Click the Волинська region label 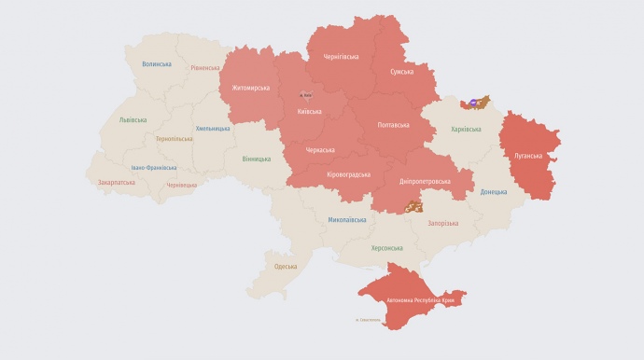tap(157, 64)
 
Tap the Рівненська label tap(205, 68)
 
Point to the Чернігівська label tap(341, 57)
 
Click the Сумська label tap(402, 71)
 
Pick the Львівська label tap(133, 120)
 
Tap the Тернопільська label tap(175, 139)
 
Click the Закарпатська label tap(117, 183)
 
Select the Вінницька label tap(257, 159)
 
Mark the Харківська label tap(466, 130)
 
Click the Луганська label tap(527, 156)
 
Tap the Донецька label tap(495, 192)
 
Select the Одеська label tap(286, 267)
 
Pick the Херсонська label tap(386, 248)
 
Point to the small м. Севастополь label tap(369, 320)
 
